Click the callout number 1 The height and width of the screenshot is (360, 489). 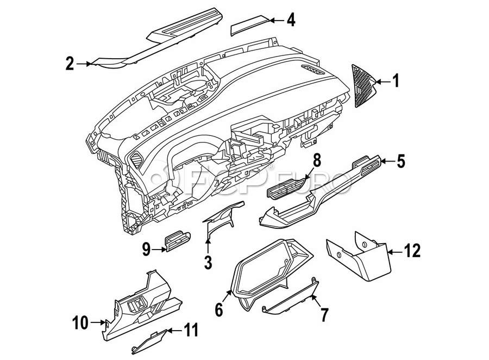click(x=396, y=82)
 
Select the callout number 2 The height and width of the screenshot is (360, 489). click(x=70, y=64)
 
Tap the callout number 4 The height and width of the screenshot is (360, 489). click(x=291, y=21)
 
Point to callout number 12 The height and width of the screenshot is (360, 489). click(x=413, y=252)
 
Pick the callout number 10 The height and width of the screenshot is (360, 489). click(x=80, y=324)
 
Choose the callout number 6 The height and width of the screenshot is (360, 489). click(x=219, y=310)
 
